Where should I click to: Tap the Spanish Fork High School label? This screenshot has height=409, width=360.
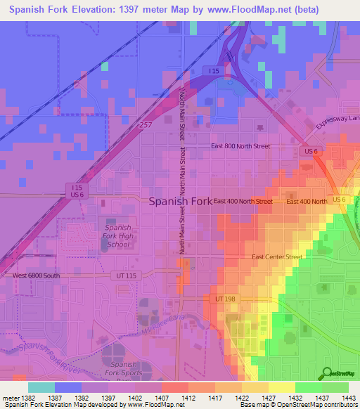[x=117, y=236]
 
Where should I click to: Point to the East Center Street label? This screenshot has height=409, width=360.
[x=278, y=257]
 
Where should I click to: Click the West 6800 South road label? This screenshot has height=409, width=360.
[x=37, y=275]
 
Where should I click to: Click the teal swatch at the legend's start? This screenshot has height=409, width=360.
[x=41, y=387]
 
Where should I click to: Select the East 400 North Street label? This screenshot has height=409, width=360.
[x=243, y=202]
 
